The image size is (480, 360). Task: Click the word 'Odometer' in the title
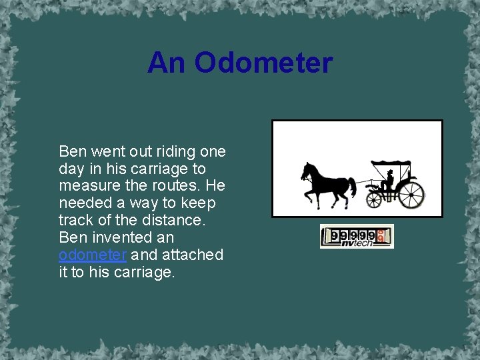click(263, 63)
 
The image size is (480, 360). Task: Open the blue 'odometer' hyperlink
click(93, 255)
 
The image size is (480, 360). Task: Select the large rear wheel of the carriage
click(411, 194)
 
